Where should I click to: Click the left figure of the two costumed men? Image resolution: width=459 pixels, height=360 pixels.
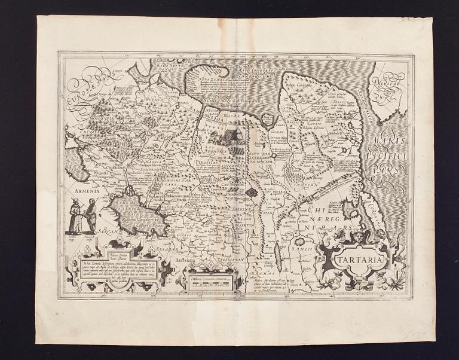[75, 216]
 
